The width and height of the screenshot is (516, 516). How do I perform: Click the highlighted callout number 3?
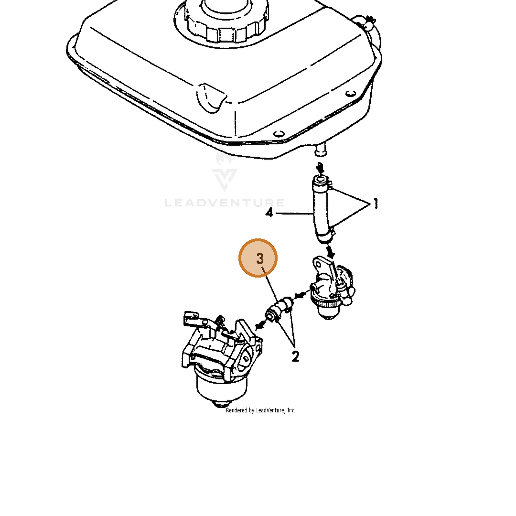(x=258, y=258)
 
